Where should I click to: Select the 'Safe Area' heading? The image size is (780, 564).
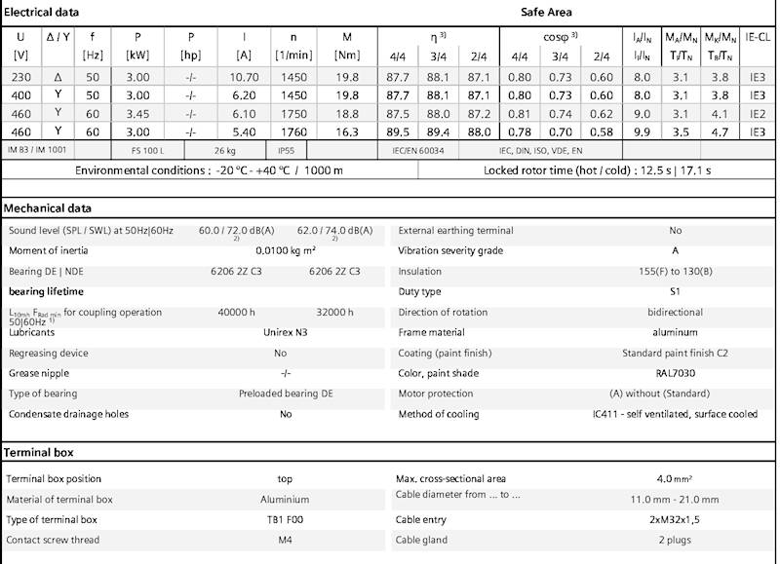553,12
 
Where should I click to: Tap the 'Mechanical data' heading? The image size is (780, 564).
48,208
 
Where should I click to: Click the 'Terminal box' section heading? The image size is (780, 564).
38,452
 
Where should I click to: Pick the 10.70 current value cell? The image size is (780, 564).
244,77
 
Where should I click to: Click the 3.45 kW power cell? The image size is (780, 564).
137,113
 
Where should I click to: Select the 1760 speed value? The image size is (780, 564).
295,132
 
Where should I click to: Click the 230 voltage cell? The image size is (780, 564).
20,77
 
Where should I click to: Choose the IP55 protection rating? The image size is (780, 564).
286,151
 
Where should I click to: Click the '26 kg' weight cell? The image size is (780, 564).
225,151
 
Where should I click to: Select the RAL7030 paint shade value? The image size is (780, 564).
675,373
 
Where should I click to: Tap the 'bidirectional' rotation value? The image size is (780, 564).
675,312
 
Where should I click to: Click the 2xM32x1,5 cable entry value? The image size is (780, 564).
675,519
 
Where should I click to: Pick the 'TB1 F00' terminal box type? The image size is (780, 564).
285,519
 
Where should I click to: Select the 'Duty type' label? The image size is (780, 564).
420,291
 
